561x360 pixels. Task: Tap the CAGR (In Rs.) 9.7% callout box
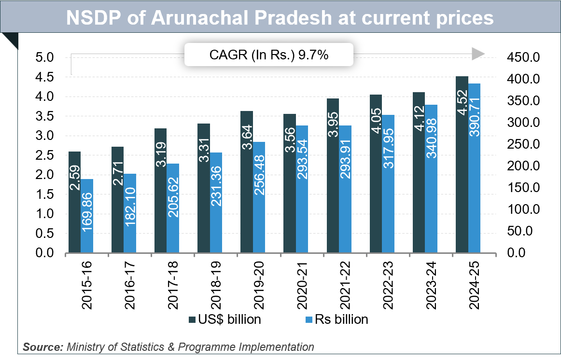269,55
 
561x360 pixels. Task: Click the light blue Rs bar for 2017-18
172,208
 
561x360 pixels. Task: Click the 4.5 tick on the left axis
45,77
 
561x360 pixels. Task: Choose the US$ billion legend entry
225,319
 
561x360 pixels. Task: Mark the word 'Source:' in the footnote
43,346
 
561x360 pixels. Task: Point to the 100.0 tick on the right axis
519,209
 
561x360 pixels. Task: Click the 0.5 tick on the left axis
45,234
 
